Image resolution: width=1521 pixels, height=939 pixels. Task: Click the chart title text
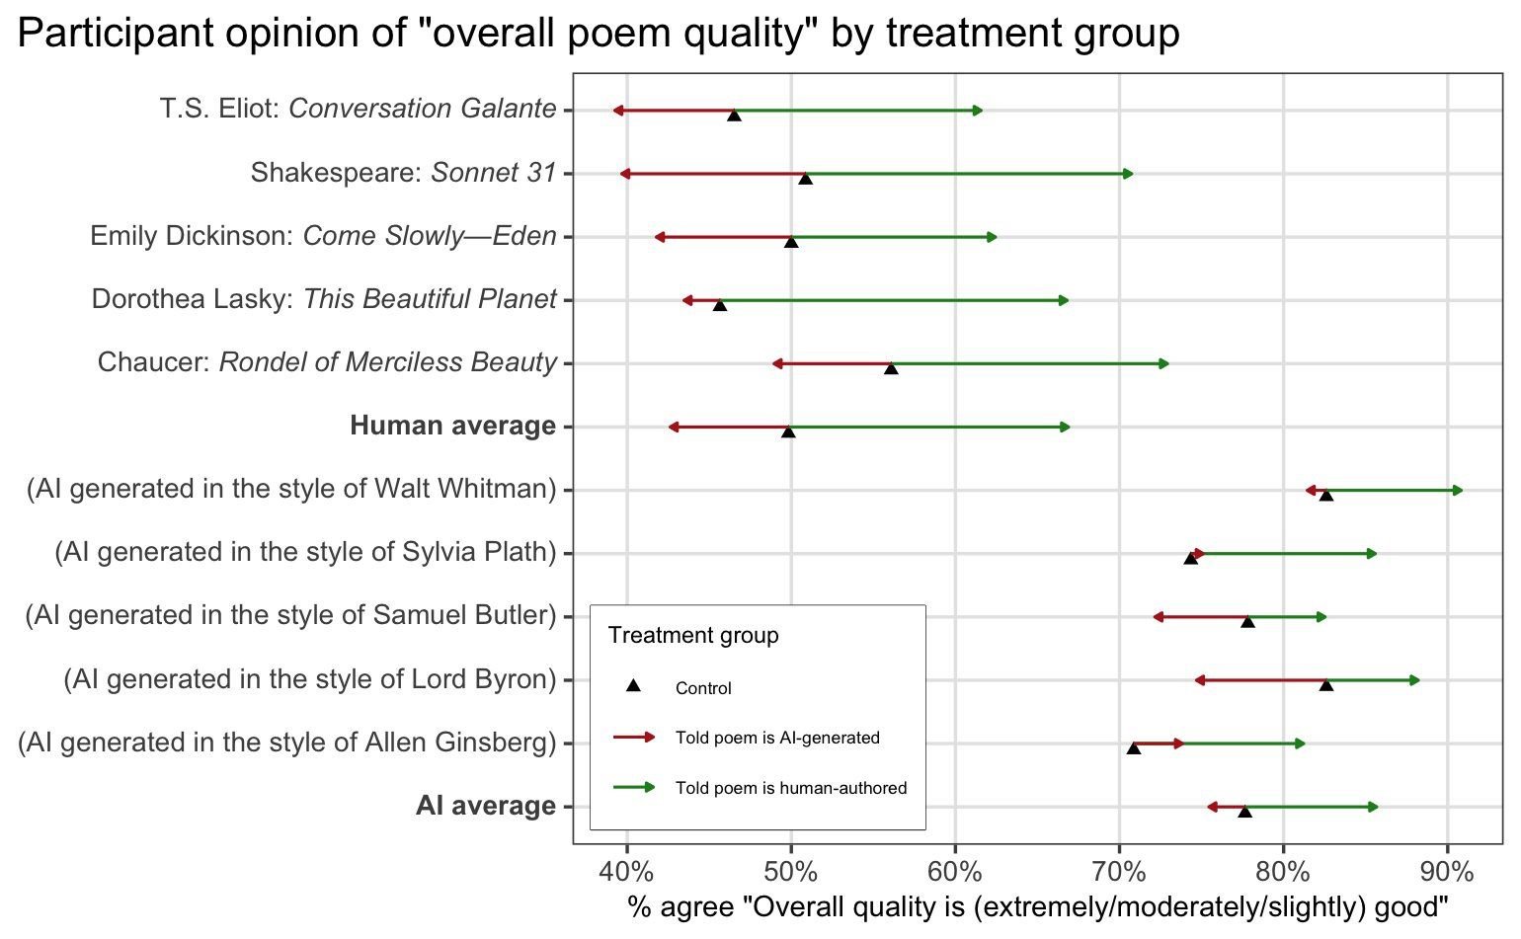(599, 34)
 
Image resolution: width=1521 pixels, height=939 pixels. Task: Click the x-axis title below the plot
(1037, 906)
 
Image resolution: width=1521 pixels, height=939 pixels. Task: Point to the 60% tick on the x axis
(955, 872)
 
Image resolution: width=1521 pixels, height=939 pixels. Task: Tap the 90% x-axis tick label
(1447, 872)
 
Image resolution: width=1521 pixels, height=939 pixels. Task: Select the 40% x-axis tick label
(627, 872)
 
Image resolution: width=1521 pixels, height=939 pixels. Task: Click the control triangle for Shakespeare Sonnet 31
(805, 179)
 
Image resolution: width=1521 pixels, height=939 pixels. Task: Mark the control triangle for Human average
(788, 431)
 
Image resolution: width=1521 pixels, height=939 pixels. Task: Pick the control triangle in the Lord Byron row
(1326, 684)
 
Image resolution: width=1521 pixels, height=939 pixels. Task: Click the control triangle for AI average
(1244, 812)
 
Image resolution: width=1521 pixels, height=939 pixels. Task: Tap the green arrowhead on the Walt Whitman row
(1458, 491)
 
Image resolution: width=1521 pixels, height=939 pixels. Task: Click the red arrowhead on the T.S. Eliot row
(617, 111)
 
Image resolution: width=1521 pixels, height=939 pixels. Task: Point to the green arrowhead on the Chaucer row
(1163, 364)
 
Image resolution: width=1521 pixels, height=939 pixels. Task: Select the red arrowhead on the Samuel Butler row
(1158, 617)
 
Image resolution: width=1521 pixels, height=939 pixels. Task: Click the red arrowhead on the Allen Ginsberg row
(1178, 743)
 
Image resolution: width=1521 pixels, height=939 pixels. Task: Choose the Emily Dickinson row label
(323, 236)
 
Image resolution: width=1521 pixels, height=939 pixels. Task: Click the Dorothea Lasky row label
(324, 299)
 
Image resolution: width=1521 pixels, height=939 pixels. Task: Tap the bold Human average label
(452, 426)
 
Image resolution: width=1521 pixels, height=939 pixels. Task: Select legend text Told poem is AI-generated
(777, 738)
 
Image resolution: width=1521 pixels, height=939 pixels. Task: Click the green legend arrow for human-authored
(634, 787)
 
